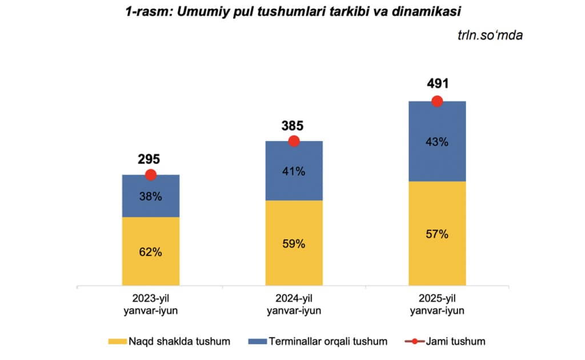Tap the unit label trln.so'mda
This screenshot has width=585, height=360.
(490, 35)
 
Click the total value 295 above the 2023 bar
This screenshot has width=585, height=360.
(149, 160)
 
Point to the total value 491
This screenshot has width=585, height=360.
(436, 85)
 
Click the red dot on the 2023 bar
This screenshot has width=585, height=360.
(151, 175)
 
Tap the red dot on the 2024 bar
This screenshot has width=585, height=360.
(294, 141)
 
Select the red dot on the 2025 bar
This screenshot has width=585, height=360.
(437, 101)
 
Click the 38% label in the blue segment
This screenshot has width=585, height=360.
(151, 197)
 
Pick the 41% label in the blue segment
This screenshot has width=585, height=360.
(294, 171)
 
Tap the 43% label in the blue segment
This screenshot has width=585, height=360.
(437, 142)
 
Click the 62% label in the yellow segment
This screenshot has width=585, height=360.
(151, 251)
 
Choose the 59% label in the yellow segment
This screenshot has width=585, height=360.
(294, 243)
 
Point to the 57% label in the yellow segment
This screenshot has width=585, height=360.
(437, 234)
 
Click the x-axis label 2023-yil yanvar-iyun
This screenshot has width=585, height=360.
(151, 305)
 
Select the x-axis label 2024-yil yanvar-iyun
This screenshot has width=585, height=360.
(294, 305)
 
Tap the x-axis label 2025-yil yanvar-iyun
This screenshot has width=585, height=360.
(437, 305)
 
